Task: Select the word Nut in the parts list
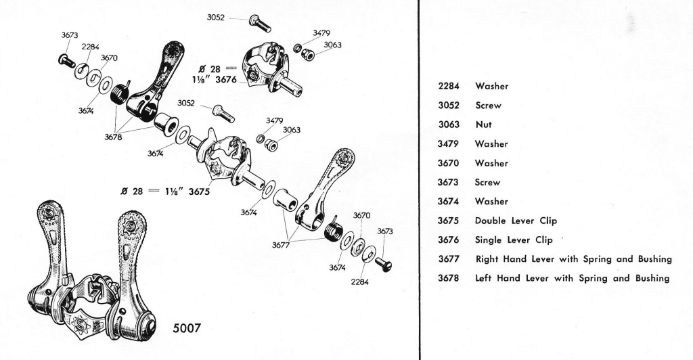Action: click(x=483, y=125)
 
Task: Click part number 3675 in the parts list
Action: click(x=448, y=221)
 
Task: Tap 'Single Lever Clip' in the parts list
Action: click(x=514, y=240)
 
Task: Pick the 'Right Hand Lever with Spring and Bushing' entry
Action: click(x=573, y=259)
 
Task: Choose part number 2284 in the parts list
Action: click(x=448, y=87)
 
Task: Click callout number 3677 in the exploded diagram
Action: click(x=282, y=245)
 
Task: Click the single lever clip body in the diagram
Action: click(x=261, y=60)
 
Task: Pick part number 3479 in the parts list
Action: click(x=448, y=144)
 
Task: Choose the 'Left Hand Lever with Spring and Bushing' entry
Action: click(x=572, y=278)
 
